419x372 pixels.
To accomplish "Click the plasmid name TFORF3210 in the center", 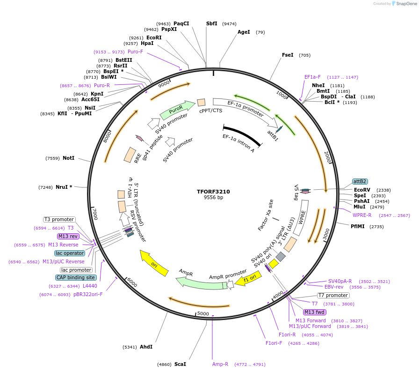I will (213, 192).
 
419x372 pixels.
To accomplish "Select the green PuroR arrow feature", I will (177, 110).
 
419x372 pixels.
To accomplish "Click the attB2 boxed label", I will (360, 181).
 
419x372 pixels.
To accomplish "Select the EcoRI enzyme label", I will (154, 37).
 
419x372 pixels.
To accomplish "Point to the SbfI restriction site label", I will (212, 23).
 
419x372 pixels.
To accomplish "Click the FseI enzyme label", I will (288, 55).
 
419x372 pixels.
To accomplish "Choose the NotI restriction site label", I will (68, 158).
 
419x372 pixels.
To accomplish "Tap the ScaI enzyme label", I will (180, 364).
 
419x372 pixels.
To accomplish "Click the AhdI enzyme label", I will (146, 347).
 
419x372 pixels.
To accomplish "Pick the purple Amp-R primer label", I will (220, 364).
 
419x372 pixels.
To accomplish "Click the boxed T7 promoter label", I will (333, 295).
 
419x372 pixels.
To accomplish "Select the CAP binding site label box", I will (76, 277).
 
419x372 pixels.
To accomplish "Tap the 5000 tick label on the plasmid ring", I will (203, 313).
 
